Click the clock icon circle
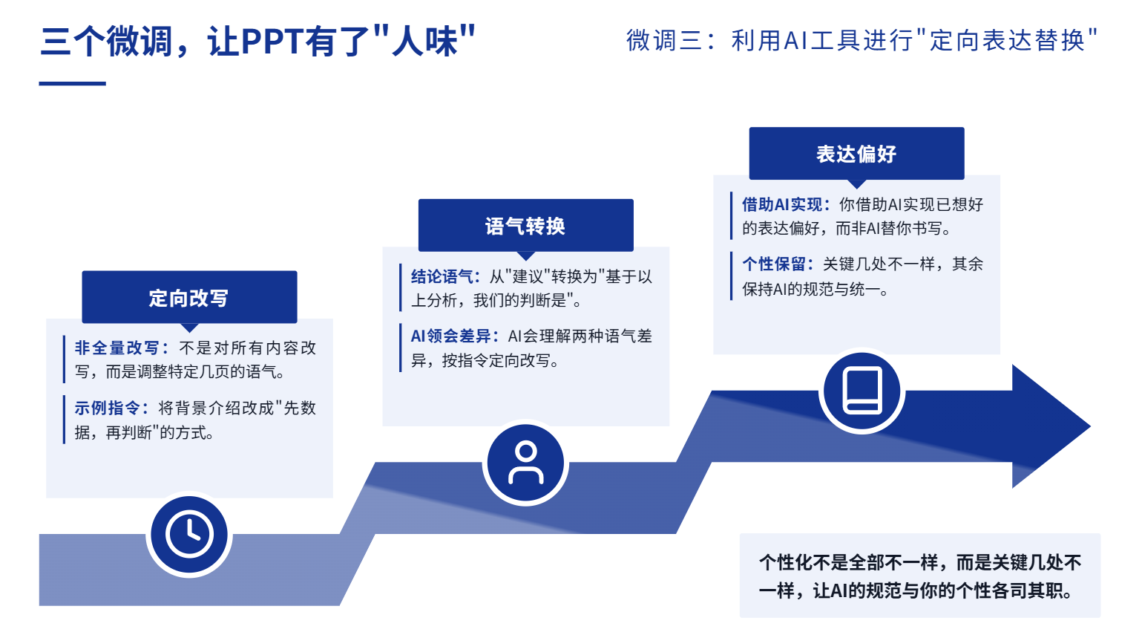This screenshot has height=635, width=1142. click(x=189, y=534)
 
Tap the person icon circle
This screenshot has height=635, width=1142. click(x=525, y=463)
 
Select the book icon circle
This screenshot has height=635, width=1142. click(x=862, y=391)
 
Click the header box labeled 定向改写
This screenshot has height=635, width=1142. click(x=190, y=297)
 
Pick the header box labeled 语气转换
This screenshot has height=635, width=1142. click(x=525, y=225)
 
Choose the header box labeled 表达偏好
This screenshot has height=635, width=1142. click(x=856, y=153)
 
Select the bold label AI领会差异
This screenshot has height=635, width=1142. click(x=450, y=336)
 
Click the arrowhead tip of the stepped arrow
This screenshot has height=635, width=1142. click(x=1090, y=426)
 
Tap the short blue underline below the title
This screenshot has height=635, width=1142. click(x=73, y=83)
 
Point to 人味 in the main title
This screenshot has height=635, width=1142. click(x=424, y=41)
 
